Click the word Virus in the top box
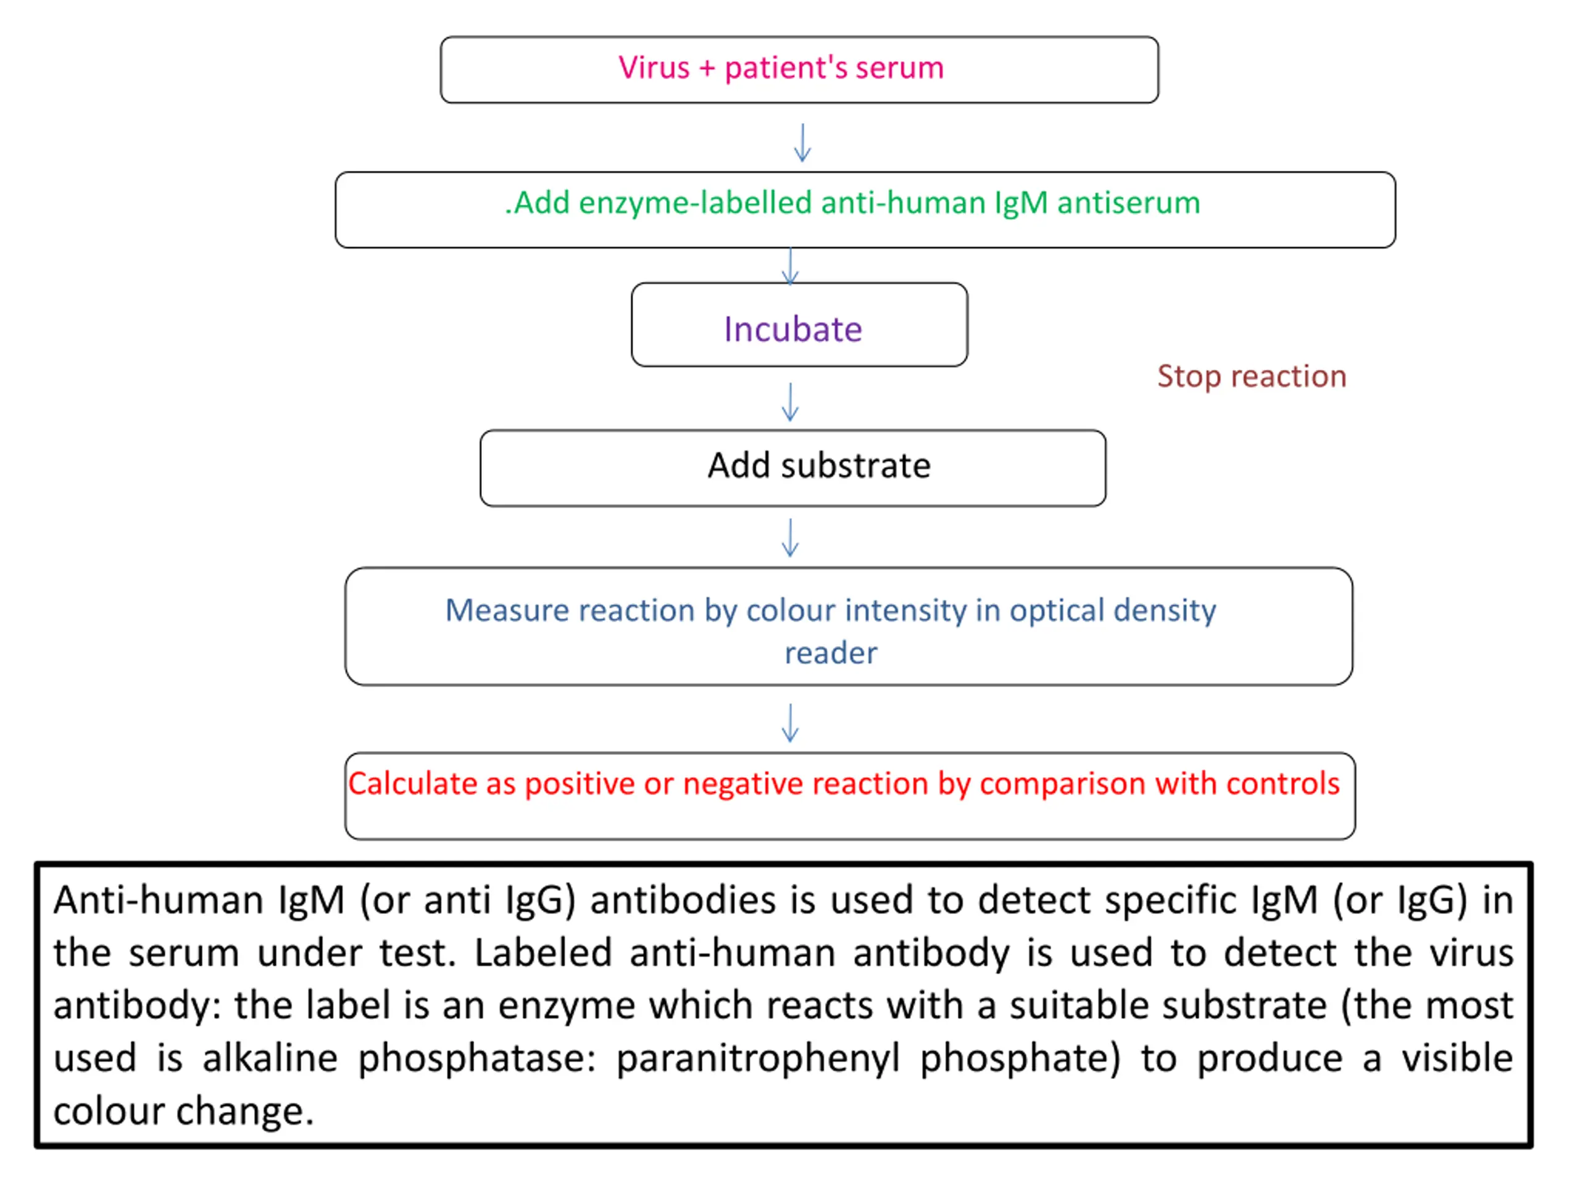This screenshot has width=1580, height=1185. [654, 68]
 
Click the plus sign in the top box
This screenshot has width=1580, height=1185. [707, 69]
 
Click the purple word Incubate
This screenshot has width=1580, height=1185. [793, 330]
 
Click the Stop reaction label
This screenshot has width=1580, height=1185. [1252, 376]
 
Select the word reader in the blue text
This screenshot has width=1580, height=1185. [831, 653]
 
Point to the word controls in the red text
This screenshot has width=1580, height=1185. [1282, 784]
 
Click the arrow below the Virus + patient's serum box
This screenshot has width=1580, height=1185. [802, 143]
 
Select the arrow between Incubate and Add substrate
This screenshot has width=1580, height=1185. [790, 402]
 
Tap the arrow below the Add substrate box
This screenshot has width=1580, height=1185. [790, 537]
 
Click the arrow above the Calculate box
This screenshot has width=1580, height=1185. [790, 723]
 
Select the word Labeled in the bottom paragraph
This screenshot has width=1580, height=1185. [543, 953]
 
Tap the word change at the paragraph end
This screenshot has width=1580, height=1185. [244, 1112]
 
